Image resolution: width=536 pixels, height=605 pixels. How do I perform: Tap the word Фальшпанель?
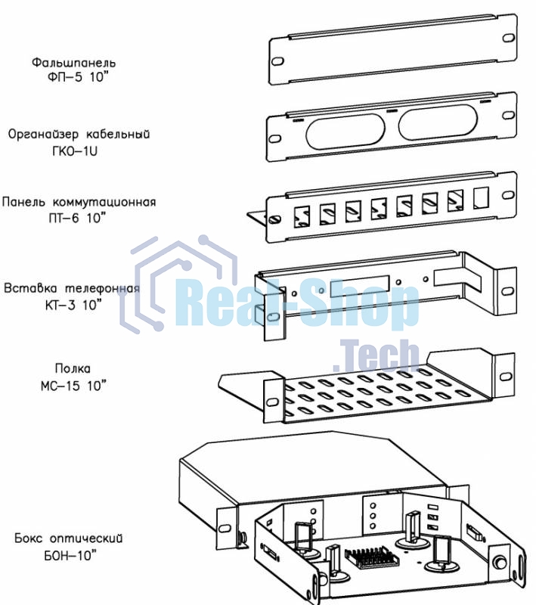[x=74, y=61]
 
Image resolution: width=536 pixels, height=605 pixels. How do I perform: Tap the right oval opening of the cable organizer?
[x=432, y=122]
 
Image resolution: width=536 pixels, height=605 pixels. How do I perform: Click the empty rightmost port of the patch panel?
[x=479, y=198]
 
